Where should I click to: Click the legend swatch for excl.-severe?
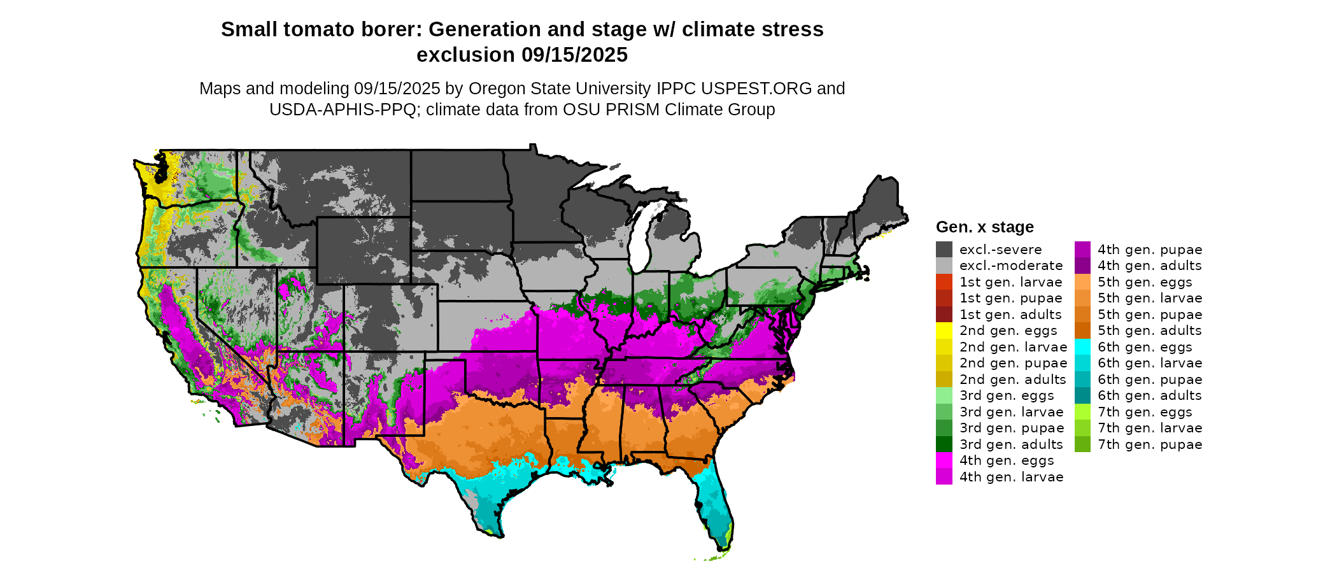point(944,250)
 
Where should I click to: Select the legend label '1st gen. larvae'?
point(1010,282)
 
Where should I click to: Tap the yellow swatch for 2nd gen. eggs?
point(944,330)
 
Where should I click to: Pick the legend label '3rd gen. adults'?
point(1011,444)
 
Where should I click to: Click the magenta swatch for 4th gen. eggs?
point(944,460)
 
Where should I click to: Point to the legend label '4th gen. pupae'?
point(1149,250)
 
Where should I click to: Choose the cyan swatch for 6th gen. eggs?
point(1082,347)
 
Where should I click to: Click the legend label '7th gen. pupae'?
point(1149,444)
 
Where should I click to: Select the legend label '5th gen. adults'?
point(1149,330)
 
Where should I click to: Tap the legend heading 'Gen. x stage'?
point(984,227)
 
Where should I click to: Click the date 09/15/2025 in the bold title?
point(574,55)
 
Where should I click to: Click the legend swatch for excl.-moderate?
point(944,266)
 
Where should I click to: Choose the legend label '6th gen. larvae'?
point(1149,363)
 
